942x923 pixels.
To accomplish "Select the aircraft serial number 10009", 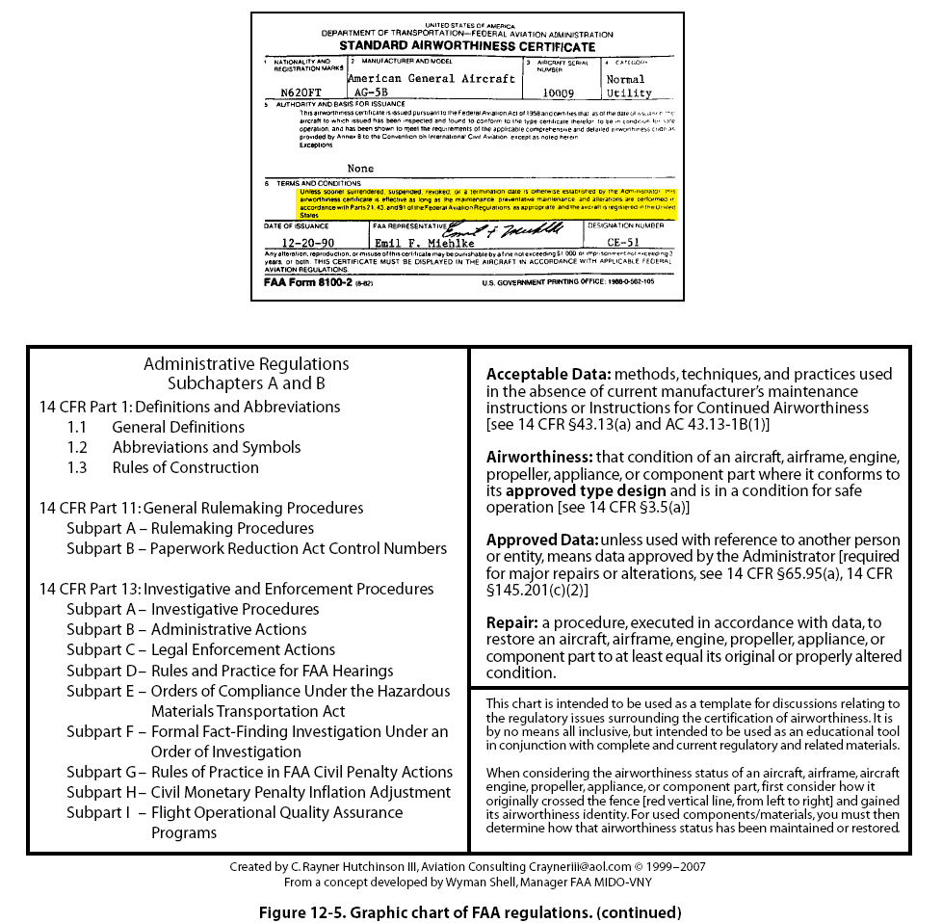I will [x=558, y=93].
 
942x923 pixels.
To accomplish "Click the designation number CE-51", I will [x=623, y=243].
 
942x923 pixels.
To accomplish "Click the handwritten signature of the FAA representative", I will [x=501, y=230].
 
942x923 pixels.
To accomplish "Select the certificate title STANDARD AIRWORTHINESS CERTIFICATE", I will [x=467, y=46].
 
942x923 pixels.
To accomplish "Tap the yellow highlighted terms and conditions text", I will [x=486, y=203].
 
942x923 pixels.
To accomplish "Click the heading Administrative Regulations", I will [x=247, y=364].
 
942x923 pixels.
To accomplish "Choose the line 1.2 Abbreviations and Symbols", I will [x=184, y=447].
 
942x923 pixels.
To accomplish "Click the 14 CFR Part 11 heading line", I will [x=201, y=508].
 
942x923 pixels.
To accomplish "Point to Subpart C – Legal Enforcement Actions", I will [x=201, y=649].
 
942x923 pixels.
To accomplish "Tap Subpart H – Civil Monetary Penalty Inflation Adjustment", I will [x=258, y=792].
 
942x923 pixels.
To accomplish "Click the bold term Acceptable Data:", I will [x=548, y=374].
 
